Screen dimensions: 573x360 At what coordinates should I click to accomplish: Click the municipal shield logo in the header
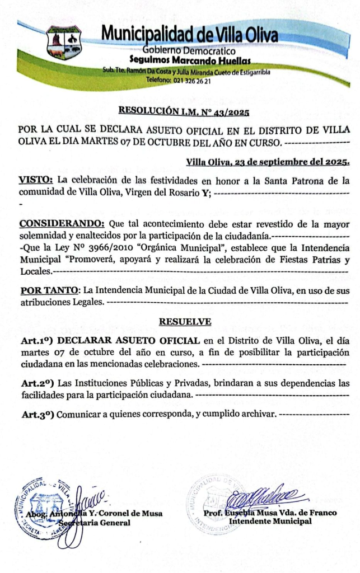[x=64, y=42]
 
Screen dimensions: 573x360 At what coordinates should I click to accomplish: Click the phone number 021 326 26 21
[x=185, y=81]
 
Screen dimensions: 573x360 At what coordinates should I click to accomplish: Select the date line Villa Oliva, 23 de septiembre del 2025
[x=268, y=162]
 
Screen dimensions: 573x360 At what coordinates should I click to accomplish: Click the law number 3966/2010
[x=110, y=247]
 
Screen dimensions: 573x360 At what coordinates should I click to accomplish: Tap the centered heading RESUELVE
[x=185, y=322]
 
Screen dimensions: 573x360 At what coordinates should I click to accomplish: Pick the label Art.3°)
[x=37, y=415]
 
